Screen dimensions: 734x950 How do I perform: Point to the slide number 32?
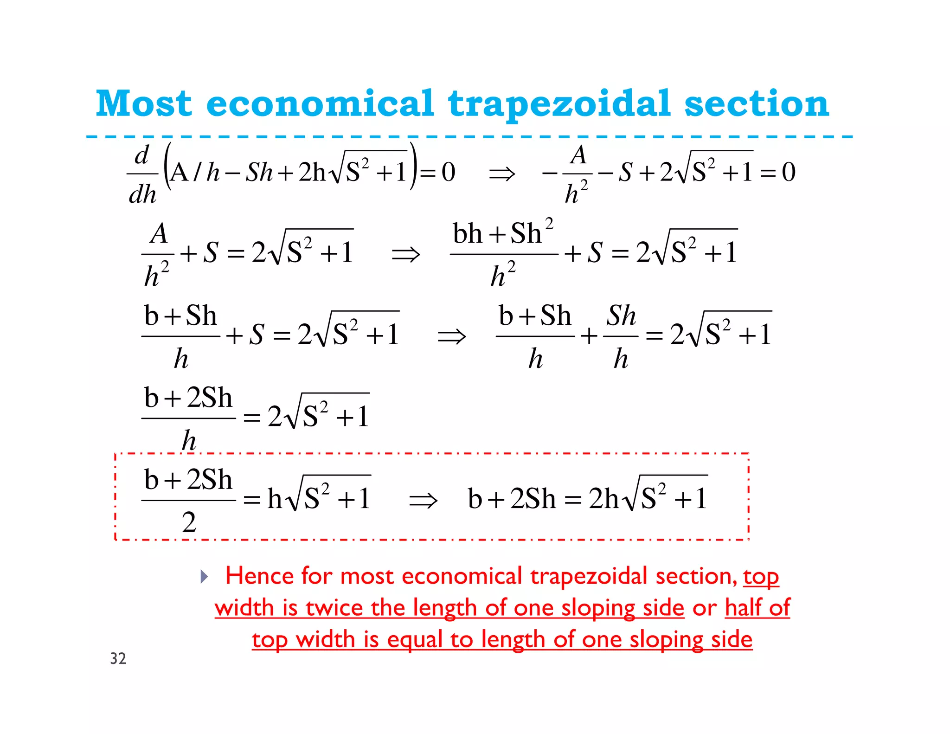point(118,658)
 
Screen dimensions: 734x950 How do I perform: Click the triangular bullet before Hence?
point(204,577)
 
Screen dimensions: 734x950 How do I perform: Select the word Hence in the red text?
point(259,576)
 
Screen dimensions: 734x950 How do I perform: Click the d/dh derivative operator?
point(142,174)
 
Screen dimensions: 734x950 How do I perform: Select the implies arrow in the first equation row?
point(502,174)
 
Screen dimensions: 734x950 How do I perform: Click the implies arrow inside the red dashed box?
point(423,500)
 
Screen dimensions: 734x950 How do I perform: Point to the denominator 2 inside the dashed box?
point(188,522)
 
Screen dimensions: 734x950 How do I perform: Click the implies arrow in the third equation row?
point(451,336)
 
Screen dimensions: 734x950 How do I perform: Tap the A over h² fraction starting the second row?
point(158,254)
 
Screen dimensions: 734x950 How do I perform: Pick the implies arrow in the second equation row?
point(405,254)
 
